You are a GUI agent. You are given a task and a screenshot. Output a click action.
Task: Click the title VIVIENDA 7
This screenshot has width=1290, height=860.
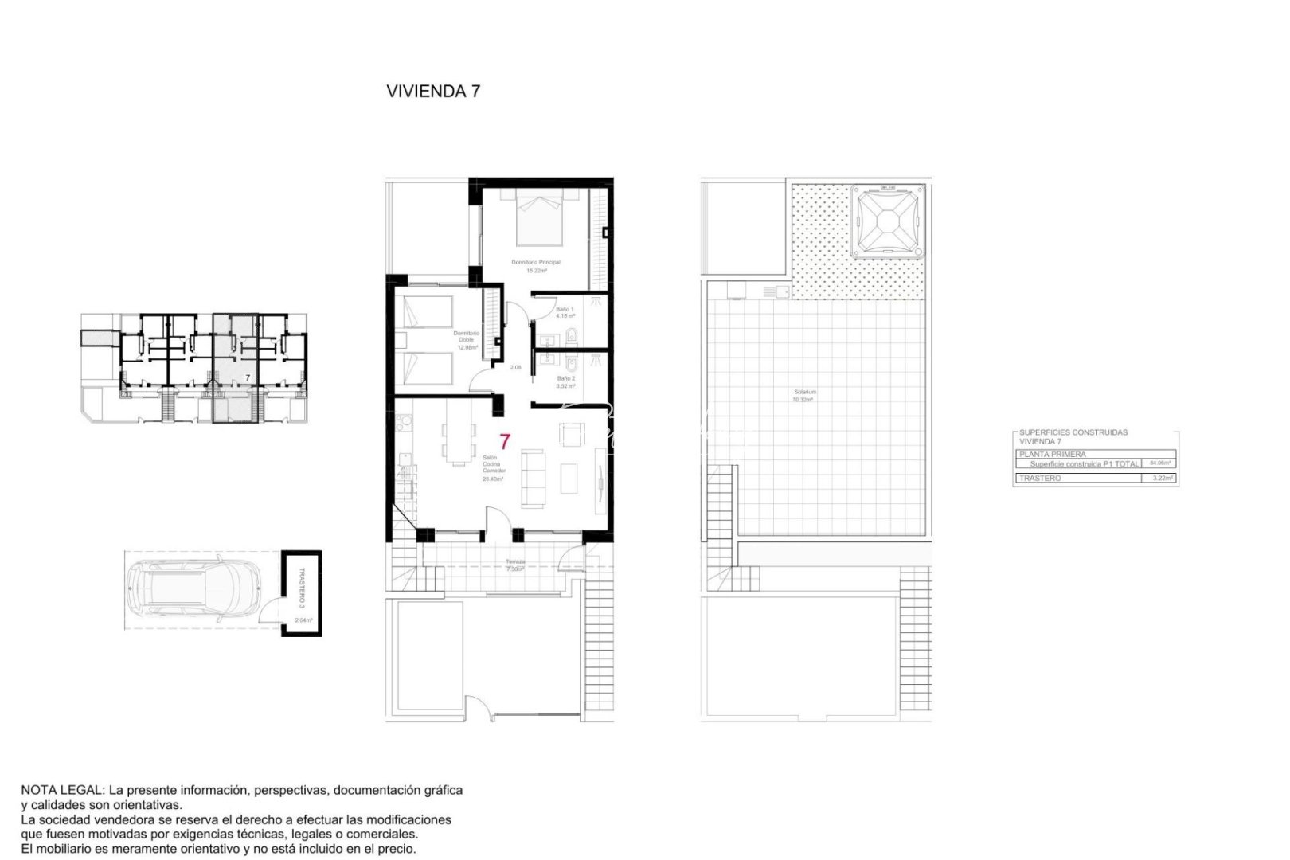[432, 91]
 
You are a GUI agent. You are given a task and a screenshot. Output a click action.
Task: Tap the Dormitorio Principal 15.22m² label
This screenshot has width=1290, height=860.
[535, 266]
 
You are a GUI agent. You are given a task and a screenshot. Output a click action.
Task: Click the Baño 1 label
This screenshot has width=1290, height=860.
[565, 312]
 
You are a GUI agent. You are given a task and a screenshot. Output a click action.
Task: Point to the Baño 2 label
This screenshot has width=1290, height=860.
[565, 382]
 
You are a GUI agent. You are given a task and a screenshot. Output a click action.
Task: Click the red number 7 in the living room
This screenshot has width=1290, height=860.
[504, 442]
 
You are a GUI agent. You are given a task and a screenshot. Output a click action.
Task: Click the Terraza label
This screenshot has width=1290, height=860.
[515, 565]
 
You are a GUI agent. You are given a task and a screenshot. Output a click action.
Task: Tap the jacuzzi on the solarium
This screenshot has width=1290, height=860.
[887, 221]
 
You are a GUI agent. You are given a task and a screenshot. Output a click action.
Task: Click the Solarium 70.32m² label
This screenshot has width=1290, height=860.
[803, 396]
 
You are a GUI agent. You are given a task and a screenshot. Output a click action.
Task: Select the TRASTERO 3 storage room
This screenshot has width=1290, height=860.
[302, 593]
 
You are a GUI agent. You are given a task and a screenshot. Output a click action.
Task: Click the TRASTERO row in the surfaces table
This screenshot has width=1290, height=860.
[1094, 479]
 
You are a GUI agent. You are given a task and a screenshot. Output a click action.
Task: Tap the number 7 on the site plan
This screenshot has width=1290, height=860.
[248, 377]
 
